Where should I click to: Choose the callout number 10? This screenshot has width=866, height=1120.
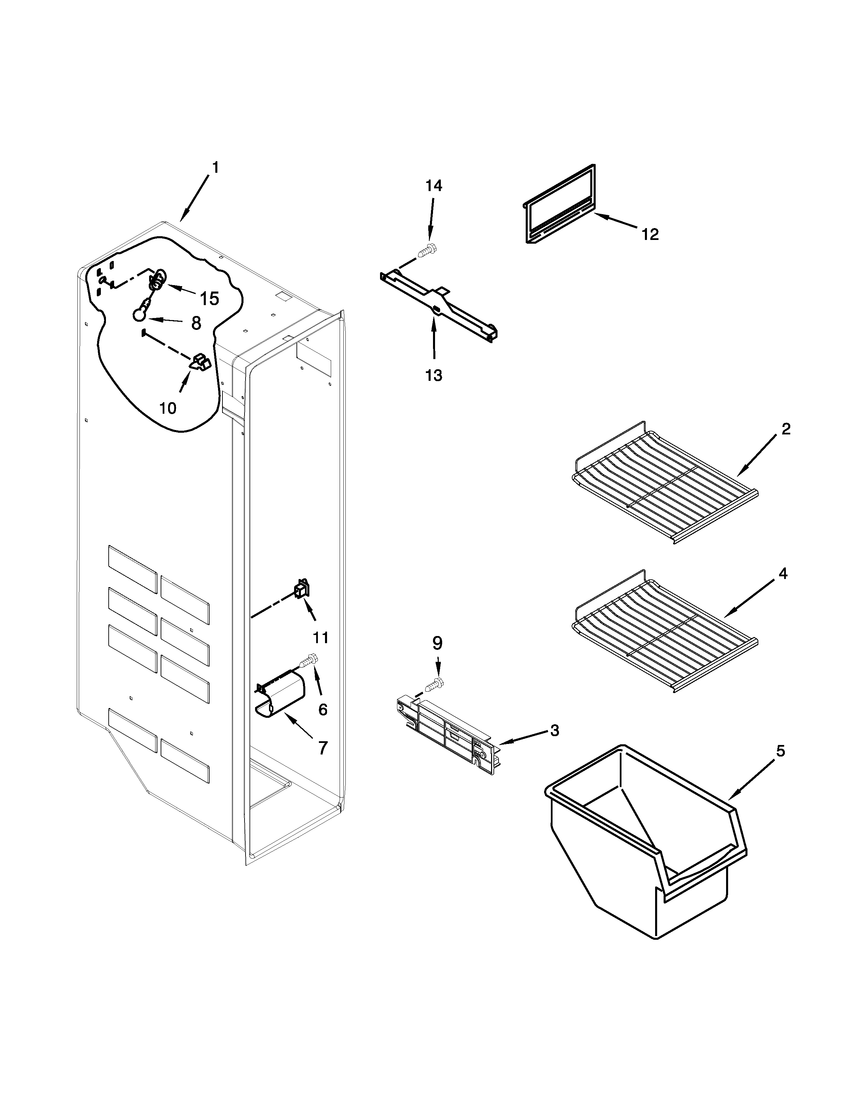point(168,408)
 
